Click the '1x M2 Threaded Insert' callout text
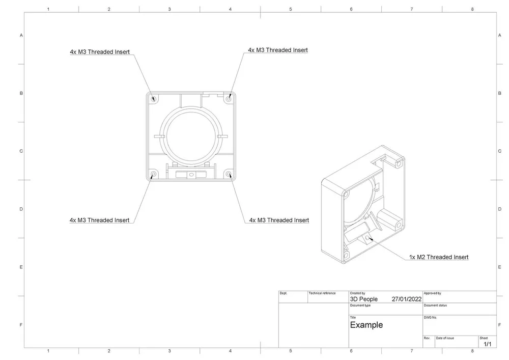point(439,257)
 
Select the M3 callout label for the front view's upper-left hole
point(100,52)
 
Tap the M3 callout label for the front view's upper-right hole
point(278,50)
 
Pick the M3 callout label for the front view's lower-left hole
point(99,220)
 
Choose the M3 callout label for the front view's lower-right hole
point(279,220)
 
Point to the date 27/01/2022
point(406,299)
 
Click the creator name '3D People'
point(363,299)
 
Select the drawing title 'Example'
point(366,325)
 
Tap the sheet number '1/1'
point(487,344)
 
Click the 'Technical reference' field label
point(322,293)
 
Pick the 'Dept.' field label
point(284,293)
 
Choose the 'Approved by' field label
point(432,293)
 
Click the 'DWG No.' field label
point(431,317)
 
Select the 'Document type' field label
point(360,306)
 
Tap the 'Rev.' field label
point(427,338)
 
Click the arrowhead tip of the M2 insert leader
point(368,237)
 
